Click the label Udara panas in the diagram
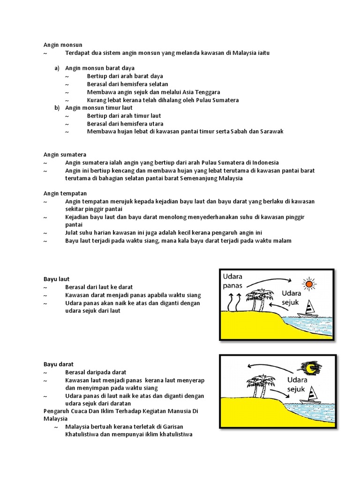click(x=233, y=280)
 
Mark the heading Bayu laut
click(x=56, y=279)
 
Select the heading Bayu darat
click(x=58, y=364)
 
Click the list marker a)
click(x=57, y=68)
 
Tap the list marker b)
click(x=57, y=107)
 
